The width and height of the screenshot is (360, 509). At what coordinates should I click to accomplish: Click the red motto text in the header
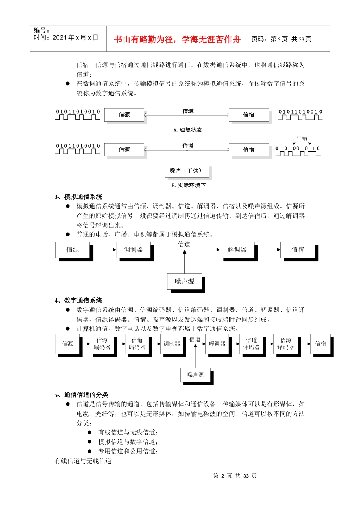[177, 39]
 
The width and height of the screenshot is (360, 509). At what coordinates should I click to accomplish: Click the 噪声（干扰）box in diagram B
[186, 170]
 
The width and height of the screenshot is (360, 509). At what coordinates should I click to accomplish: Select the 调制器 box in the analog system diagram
[133, 250]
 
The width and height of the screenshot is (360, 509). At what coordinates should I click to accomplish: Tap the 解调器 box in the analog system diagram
[237, 250]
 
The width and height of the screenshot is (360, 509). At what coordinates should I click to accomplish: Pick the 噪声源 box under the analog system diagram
[185, 281]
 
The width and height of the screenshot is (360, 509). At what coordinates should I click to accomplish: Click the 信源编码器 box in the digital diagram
[102, 343]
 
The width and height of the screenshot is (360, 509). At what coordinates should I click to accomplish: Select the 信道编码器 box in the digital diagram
[137, 343]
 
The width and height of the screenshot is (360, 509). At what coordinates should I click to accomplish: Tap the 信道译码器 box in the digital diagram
[251, 343]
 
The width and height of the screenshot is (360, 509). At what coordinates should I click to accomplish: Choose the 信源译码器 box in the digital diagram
[286, 343]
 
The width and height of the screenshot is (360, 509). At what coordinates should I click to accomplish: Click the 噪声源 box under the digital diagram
[196, 375]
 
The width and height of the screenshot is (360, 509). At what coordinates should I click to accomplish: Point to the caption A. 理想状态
[188, 130]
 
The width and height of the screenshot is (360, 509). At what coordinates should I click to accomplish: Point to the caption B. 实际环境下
[188, 186]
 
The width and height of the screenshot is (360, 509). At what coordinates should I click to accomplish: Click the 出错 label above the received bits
[302, 138]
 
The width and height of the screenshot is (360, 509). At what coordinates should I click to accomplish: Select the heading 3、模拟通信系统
[78, 197]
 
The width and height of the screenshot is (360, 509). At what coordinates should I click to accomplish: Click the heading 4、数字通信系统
[78, 301]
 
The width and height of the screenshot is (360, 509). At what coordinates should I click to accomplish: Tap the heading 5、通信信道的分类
[81, 395]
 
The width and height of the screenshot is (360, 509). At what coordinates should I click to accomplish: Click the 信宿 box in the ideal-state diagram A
[249, 115]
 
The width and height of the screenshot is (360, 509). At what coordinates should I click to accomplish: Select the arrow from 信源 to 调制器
[104, 250]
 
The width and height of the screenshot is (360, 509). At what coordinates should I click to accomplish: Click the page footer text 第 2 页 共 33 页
[235, 476]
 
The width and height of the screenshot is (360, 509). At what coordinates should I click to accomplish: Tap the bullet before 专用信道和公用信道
[90, 451]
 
